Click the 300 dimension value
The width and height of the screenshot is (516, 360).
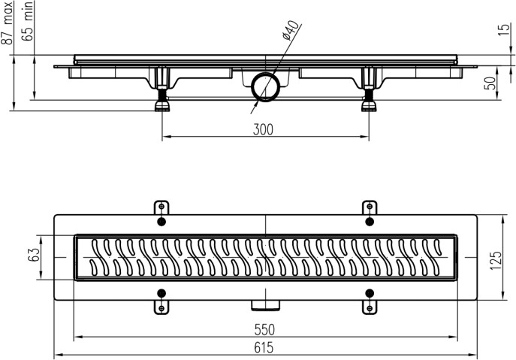(x=262, y=129)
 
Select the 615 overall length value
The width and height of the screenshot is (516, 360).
(x=263, y=347)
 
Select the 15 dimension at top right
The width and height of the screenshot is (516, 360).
(x=502, y=29)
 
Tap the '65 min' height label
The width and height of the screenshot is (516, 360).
(x=29, y=23)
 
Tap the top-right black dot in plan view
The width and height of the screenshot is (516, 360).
(x=369, y=222)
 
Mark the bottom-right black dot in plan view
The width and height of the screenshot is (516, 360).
(x=369, y=292)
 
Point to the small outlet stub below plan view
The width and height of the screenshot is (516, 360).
(x=265, y=304)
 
